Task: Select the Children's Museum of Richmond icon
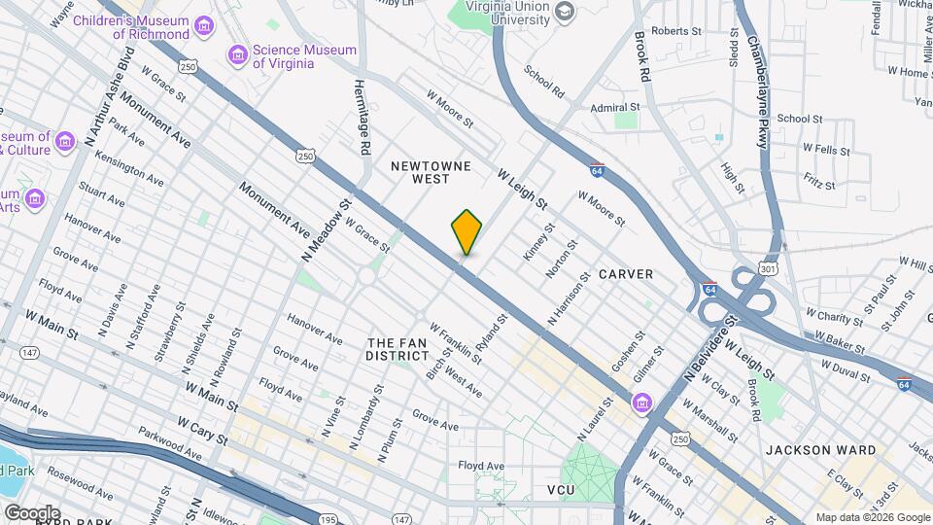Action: (204, 26)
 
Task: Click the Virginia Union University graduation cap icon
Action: (564, 11)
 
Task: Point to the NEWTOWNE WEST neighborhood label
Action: (431, 173)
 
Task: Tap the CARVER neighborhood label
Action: (626, 274)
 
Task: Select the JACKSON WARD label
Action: (820, 450)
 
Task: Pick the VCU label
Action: (563, 490)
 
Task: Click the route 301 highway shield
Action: (767, 268)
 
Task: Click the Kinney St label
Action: (536, 241)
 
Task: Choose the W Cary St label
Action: (202, 433)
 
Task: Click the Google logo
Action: (32, 512)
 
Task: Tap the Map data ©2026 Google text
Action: (873, 517)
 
